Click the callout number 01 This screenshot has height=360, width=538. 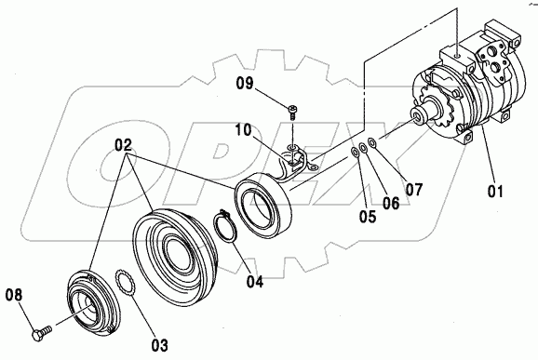495,192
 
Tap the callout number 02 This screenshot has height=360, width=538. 123,145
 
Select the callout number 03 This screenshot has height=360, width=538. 160,345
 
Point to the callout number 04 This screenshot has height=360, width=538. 255,282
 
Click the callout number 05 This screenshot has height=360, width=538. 368,216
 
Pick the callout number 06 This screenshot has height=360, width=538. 392,204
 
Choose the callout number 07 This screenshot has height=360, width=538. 414,190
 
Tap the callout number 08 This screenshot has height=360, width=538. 14,295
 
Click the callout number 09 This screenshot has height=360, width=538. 245,83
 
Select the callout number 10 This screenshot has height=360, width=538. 243,130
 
